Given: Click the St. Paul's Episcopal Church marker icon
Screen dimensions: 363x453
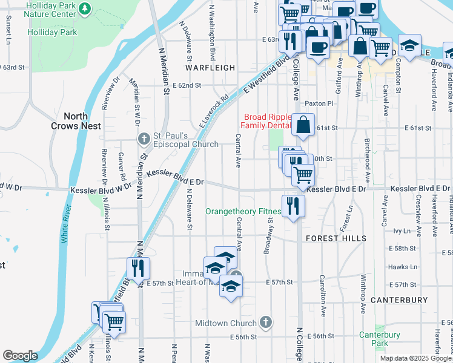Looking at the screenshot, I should [x=144, y=139].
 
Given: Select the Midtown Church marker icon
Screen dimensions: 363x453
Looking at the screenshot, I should [x=265, y=323].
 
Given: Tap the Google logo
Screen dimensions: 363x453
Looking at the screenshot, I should [x=20, y=356].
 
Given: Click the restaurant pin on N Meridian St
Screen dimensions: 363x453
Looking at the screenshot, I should [x=139, y=267].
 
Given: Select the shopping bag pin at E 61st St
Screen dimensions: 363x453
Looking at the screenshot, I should [x=303, y=125].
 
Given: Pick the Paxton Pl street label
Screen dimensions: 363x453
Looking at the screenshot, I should [x=319, y=103].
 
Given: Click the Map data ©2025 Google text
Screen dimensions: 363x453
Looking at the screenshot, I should [x=415, y=358].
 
